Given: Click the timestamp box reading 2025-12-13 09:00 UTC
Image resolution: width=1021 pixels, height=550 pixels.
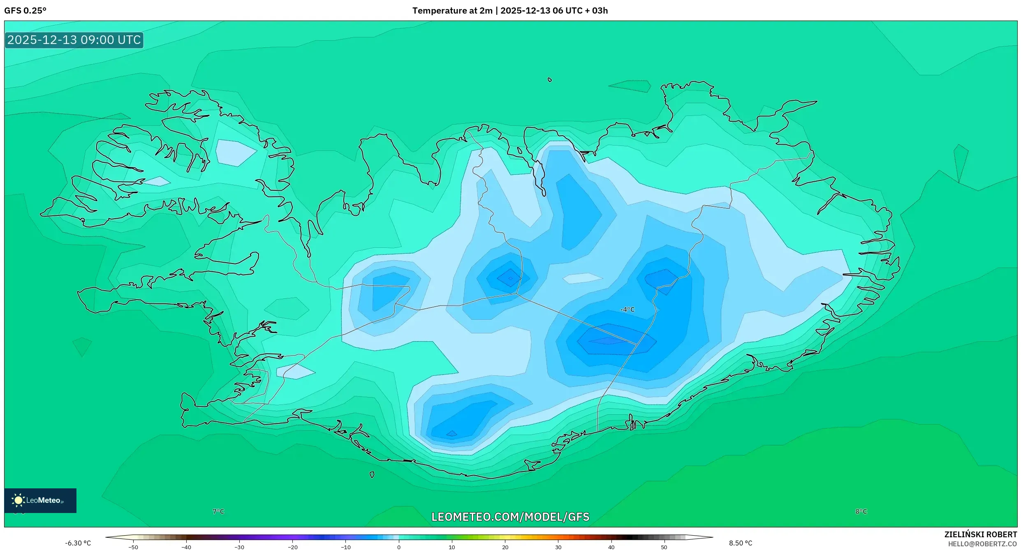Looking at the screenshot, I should [74, 40].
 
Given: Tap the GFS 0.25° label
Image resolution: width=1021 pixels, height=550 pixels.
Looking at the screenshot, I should [25, 10].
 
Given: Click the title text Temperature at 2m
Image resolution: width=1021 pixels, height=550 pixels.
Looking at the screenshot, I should [452, 10].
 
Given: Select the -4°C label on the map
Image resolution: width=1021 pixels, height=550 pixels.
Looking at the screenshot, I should [627, 310].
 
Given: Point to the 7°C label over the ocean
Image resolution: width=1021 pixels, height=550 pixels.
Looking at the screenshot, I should [218, 511].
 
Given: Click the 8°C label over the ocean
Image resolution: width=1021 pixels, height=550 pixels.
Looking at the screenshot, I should [861, 511].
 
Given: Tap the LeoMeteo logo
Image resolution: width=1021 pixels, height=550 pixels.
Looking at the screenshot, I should [40, 500].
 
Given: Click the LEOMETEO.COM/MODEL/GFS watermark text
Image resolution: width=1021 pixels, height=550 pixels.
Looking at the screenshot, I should [510, 517].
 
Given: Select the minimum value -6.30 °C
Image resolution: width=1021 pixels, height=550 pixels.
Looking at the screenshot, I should [78, 543].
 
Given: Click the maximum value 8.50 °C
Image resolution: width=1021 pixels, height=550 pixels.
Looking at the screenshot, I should [741, 543].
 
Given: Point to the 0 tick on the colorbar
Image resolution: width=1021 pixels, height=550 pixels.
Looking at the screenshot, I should [398, 547].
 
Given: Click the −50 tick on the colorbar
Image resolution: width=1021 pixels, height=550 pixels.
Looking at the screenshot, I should [133, 547].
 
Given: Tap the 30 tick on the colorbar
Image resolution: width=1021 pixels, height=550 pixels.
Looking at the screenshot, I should [558, 547].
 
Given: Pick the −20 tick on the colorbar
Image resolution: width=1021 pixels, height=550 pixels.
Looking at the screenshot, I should [292, 547].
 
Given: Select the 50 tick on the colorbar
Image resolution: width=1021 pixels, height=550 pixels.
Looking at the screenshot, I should [664, 547].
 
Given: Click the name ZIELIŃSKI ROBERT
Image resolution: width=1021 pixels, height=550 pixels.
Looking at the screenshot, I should [980, 534].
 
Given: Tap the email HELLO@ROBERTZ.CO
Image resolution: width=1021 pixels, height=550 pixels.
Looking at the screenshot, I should [982, 544].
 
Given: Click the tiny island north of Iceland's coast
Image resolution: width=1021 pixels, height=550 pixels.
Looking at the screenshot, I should [550, 80].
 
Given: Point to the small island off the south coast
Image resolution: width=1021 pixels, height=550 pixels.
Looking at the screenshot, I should [372, 475].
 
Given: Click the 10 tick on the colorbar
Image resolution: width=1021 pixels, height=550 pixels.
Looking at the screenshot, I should [451, 547].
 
